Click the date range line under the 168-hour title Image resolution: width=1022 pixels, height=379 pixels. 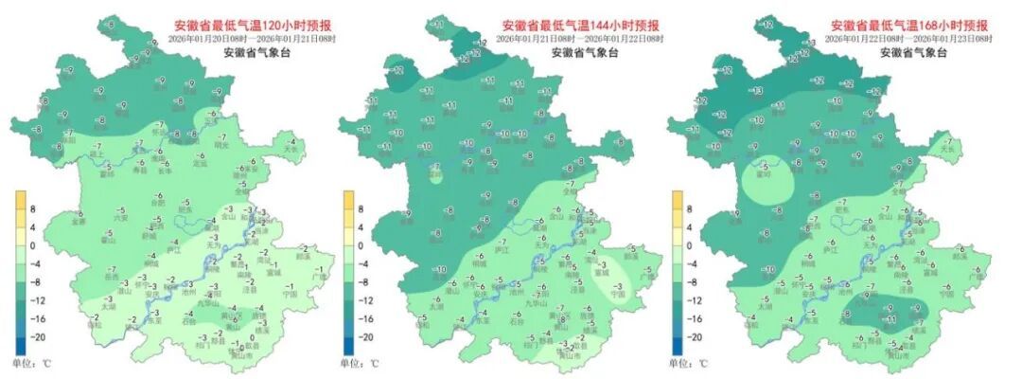[x=910, y=39]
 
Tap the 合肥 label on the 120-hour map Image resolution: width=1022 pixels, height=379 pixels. [x=158, y=202]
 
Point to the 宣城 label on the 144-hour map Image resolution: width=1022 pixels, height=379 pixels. [x=620, y=272]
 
